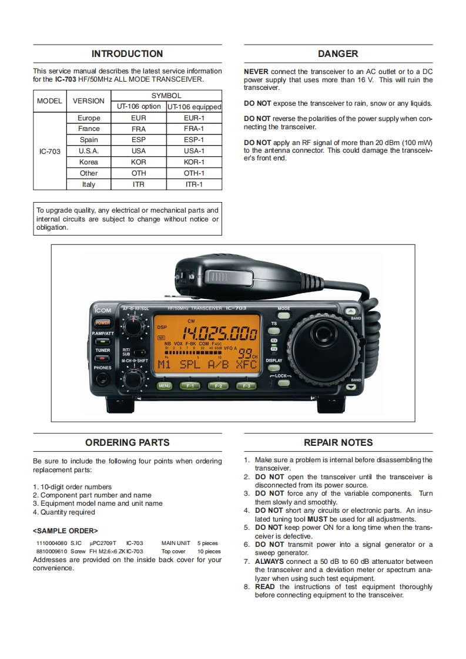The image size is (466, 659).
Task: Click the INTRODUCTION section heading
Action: point(128,54)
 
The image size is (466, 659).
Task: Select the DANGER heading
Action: point(338,54)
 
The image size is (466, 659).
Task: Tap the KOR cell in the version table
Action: point(139,162)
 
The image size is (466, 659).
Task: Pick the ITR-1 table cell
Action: point(194,184)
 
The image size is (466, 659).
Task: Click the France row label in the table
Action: point(89,129)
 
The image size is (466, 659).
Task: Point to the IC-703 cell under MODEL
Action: point(50,151)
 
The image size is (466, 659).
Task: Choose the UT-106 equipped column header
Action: point(194,107)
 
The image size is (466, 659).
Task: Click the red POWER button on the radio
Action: point(103,322)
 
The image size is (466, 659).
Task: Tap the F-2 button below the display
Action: point(218,386)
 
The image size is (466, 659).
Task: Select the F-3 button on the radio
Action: point(246,386)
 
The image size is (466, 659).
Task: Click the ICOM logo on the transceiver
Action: point(102,310)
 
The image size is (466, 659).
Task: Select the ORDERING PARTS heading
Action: point(128,443)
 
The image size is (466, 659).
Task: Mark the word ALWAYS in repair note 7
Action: point(269,562)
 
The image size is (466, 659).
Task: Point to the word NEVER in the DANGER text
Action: point(256,72)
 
